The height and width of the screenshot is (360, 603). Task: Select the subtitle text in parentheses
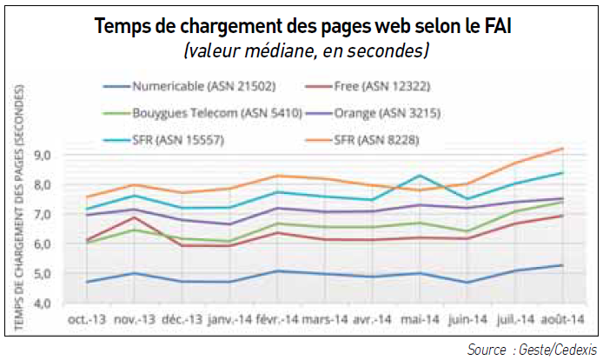303,50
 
